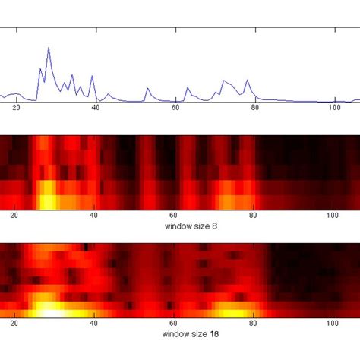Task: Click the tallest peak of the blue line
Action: click(49, 48)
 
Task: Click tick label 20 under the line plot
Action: click(16, 109)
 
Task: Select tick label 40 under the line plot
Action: click(95, 109)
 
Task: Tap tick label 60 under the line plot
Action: click(175, 109)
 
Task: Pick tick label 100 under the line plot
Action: click(333, 109)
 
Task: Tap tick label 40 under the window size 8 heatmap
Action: click(95, 216)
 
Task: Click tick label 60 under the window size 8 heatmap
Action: click(175, 216)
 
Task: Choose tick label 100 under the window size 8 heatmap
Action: click(333, 216)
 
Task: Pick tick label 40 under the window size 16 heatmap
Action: click(95, 323)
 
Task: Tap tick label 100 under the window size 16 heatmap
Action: click(333, 323)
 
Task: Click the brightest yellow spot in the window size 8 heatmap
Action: click(47, 201)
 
